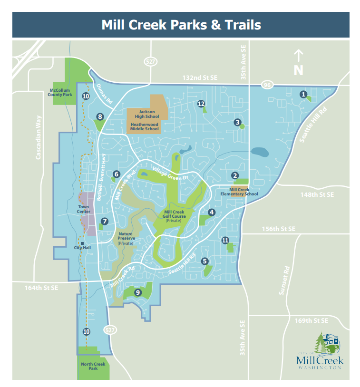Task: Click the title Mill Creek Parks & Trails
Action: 181,25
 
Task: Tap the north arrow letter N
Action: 298,70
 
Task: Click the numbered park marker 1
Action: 303,94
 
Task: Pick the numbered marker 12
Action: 201,103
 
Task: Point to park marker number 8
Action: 100,116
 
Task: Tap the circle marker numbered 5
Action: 205,261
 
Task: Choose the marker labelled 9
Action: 137,292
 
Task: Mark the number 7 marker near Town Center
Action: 105,221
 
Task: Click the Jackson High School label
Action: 144,114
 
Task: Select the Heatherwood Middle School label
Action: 145,126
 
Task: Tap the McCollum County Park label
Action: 60,92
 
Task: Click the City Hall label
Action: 82,247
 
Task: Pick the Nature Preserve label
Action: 126,236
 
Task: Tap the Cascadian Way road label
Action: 39,137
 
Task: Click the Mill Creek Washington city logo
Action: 319,352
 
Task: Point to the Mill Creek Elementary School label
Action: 240,191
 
